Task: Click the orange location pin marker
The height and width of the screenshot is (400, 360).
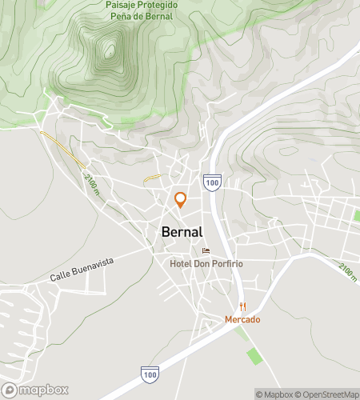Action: pos(181,198)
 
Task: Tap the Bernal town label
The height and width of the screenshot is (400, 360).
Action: pos(182,232)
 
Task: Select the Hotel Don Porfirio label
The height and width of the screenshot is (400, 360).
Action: pos(206,263)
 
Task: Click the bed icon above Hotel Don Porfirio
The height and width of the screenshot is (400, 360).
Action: pos(206,250)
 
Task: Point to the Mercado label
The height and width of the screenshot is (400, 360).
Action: pos(242,319)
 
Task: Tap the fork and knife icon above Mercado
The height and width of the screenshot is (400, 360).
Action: pos(242,307)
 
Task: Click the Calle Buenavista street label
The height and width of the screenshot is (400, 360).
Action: pos(82,269)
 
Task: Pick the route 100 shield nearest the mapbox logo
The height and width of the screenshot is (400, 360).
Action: pos(149,373)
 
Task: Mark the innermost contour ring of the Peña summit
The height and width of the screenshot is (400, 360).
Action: pos(108,53)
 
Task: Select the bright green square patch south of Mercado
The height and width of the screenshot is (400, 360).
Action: pos(255,355)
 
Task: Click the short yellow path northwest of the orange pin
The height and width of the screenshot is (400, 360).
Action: pos(153,178)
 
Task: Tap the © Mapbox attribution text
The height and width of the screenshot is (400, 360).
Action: pos(274,394)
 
